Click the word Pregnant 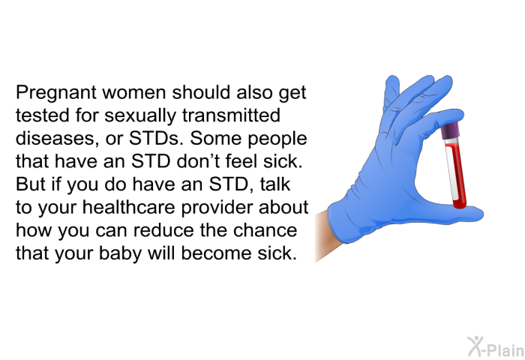click(x=56, y=93)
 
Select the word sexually click(x=140, y=115)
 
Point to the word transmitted click(x=231, y=115)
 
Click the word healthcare click(x=128, y=207)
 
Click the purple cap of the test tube click(x=449, y=131)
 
